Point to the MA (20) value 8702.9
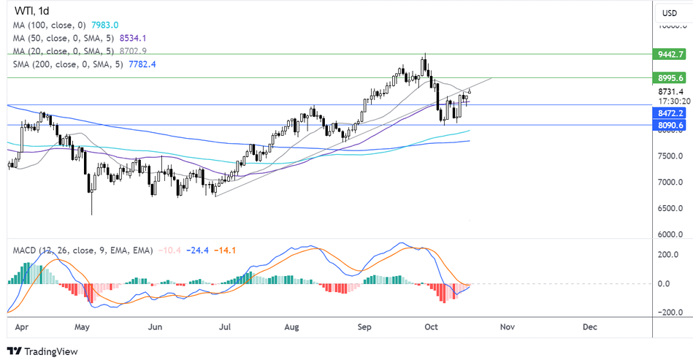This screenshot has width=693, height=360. pyautogui.click(x=153, y=51)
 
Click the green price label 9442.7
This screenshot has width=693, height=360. pyautogui.click(x=670, y=55)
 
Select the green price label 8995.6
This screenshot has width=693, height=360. pyautogui.click(x=670, y=77)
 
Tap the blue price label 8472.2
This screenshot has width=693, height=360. pyautogui.click(x=670, y=114)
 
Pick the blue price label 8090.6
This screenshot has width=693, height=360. pyautogui.click(x=670, y=126)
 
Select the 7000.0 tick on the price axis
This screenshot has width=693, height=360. pyautogui.click(x=670, y=182)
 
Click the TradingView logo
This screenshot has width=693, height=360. pyautogui.click(x=42, y=351)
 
